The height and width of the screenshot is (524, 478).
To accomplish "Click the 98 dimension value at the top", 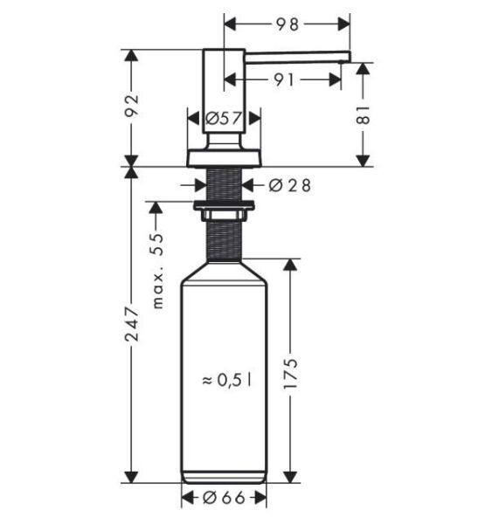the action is coord(287,24).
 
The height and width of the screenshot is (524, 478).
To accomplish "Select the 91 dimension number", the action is coord(284,79).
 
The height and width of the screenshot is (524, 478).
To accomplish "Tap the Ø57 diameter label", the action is coord(224,118).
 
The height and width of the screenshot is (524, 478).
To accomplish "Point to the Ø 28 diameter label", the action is coord(289,185).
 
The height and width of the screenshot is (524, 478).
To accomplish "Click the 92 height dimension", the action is coord(131,105).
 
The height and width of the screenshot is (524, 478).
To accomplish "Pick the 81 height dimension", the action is coord(363,114).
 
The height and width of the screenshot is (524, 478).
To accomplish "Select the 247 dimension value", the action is coord(131,324).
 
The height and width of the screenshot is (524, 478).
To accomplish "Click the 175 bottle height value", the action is coord(290,373).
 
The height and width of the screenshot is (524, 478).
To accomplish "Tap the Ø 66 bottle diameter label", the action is coord(224,499).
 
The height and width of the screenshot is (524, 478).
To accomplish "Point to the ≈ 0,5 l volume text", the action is coord(226,380).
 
